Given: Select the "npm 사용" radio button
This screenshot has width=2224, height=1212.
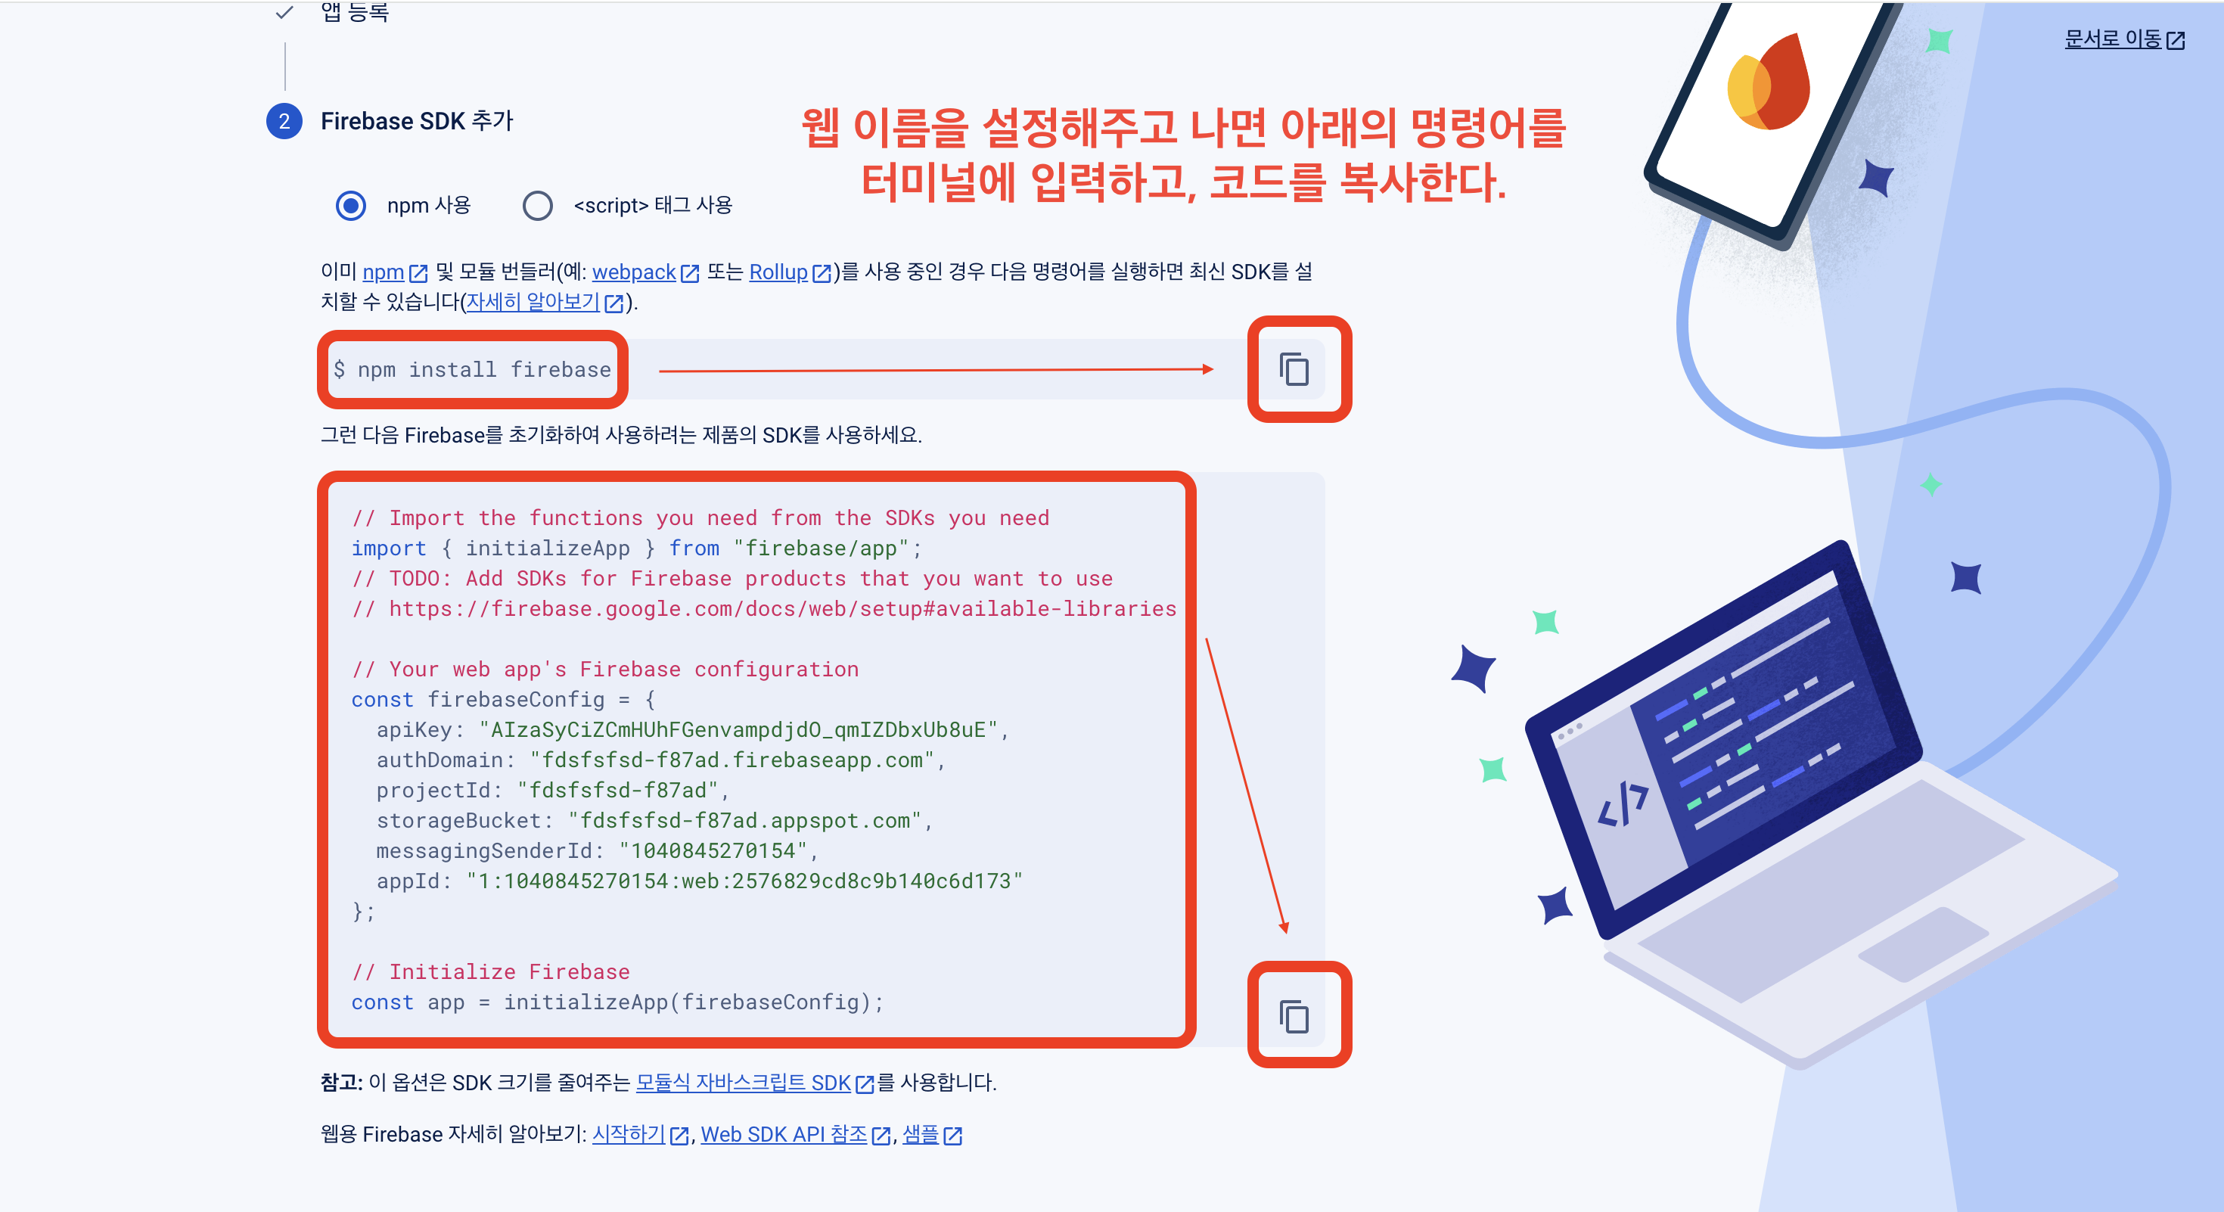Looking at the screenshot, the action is pyautogui.click(x=350, y=206).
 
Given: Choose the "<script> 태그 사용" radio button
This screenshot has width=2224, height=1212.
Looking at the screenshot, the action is pyautogui.click(x=537, y=206).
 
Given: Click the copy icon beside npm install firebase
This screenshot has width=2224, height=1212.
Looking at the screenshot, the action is pyautogui.click(x=1294, y=369).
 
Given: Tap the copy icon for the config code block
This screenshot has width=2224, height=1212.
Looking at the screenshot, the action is pyautogui.click(x=1294, y=1016).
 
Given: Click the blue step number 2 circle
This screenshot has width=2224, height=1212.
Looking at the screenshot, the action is pyautogui.click(x=284, y=122).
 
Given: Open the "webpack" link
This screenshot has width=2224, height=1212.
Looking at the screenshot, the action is pyautogui.click(x=634, y=272).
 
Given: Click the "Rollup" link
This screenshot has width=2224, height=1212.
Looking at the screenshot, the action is pyautogui.click(x=778, y=272).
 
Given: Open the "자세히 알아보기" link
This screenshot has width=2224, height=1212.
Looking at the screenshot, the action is pyautogui.click(x=533, y=302).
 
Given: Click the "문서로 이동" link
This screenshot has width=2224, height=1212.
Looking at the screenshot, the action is pyautogui.click(x=2113, y=39).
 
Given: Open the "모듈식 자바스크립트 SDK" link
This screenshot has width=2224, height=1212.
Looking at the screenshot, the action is pyautogui.click(x=744, y=1083).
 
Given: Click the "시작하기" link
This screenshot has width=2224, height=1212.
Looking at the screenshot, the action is pyautogui.click(x=629, y=1134).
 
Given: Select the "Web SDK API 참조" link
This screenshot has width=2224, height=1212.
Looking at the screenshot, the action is pyautogui.click(x=783, y=1134).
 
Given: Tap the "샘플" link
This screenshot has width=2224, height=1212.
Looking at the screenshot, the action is pyautogui.click(x=921, y=1134).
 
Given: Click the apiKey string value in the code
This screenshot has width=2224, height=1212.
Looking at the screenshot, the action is pyautogui.click(x=738, y=730).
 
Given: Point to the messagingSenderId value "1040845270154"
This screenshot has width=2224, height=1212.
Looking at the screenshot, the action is pyautogui.click(x=713, y=851).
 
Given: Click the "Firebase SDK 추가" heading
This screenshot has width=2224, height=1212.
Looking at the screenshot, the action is pyautogui.click(x=417, y=122).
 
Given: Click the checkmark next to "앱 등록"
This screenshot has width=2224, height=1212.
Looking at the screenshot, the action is pyautogui.click(x=284, y=12).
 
